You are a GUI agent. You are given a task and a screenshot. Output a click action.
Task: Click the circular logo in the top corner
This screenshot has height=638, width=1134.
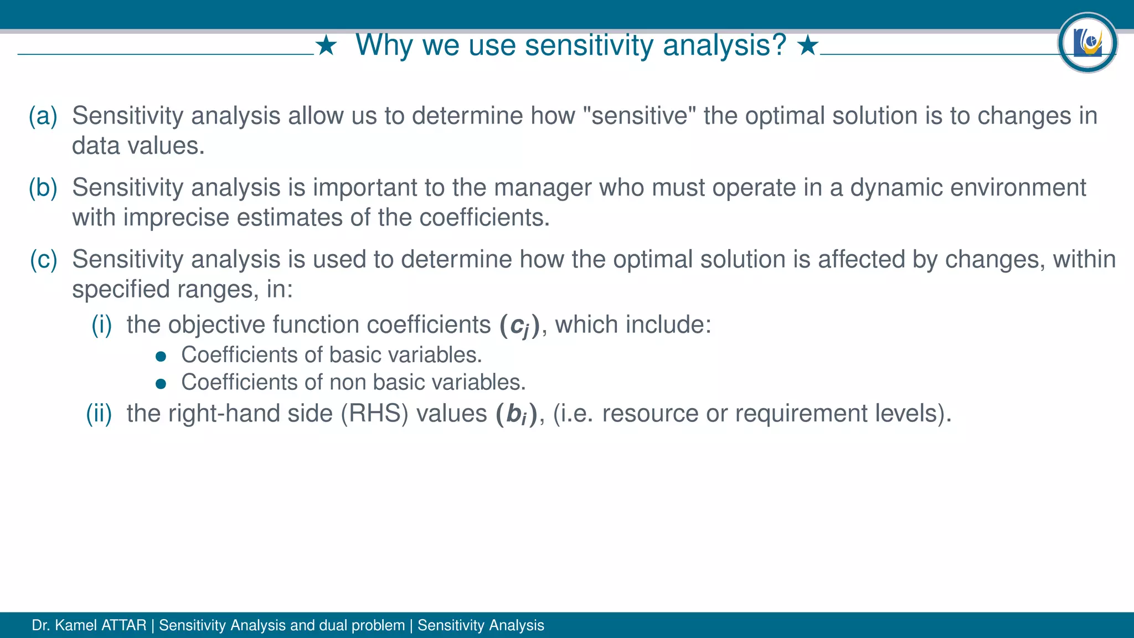tap(1087, 43)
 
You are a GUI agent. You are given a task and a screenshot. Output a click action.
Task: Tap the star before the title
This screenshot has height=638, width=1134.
tap(326, 45)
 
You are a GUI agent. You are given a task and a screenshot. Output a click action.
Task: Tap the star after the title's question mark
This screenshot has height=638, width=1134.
tap(808, 45)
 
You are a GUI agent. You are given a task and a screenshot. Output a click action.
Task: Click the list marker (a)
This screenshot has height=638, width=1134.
tap(43, 116)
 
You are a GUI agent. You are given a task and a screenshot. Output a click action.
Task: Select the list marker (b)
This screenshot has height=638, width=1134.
tap(43, 188)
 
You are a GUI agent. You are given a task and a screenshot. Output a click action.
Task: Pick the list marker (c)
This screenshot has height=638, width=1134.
tap(43, 260)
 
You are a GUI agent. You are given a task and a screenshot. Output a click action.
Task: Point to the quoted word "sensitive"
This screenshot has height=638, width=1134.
tap(640, 116)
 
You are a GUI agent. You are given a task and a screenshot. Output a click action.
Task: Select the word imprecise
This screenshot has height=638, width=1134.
tap(176, 218)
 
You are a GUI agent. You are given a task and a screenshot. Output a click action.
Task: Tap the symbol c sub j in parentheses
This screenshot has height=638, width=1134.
tap(519, 325)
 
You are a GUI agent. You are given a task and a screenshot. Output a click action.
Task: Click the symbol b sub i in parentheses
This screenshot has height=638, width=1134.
tap(516, 414)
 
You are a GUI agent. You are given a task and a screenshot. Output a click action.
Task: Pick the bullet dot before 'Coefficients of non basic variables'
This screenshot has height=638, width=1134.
tap(161, 384)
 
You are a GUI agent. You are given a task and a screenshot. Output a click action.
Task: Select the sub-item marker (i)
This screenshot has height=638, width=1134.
tap(102, 325)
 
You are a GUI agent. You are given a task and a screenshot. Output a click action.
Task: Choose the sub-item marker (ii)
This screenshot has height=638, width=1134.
tap(99, 414)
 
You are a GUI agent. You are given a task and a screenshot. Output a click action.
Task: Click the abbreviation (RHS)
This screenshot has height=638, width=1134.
tap(374, 414)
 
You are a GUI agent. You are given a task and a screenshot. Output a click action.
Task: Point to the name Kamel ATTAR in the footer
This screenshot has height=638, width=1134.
tap(100, 625)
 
